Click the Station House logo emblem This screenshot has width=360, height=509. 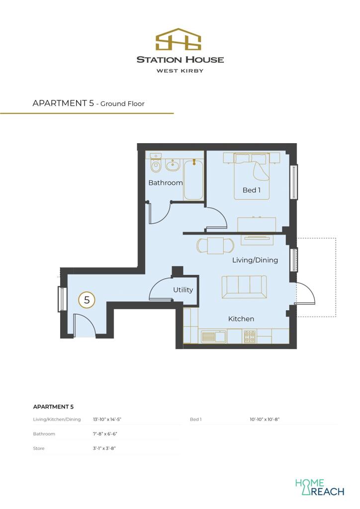pos(180,40)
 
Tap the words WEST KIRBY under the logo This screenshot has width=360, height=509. pos(180,71)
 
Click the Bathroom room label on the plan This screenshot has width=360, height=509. pos(166,183)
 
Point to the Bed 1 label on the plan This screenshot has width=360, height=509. pos(251,190)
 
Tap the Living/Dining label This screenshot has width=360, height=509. pos(255,260)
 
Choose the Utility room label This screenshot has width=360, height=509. pos(183,290)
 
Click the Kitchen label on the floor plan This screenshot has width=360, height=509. pos(241,319)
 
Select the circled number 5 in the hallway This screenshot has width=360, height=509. pos(87,300)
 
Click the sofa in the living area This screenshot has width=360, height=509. pos(244,287)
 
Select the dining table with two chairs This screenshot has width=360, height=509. pos(215,246)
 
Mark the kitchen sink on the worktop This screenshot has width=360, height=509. pos(213,337)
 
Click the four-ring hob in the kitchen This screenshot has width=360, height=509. pos(249,338)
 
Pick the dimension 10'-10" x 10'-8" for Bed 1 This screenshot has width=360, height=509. pos(265,420)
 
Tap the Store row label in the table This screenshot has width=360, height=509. pos(39,448)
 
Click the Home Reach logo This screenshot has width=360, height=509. pos(319,487)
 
